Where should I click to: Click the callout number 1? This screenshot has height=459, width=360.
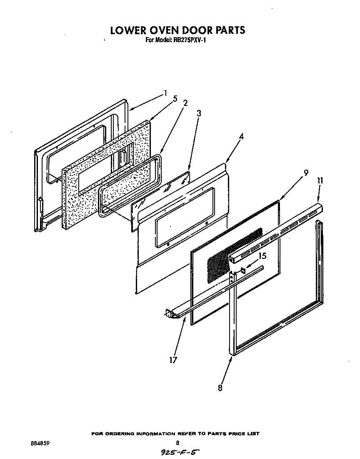coord(165,93)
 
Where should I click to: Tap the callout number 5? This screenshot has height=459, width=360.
coord(175,99)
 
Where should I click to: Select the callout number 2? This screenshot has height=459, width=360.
coord(185,103)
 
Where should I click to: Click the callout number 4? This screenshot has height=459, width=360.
coord(241,136)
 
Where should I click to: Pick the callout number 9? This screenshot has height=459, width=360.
coord(306,173)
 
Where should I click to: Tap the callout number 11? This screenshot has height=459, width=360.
coord(320,181)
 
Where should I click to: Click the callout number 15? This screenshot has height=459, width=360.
coord(262,256)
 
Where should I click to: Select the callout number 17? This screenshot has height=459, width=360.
coord(173,360)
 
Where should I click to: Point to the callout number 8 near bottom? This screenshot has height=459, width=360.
coord(220,388)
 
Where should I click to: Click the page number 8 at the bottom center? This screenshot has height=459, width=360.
coord(177,443)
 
